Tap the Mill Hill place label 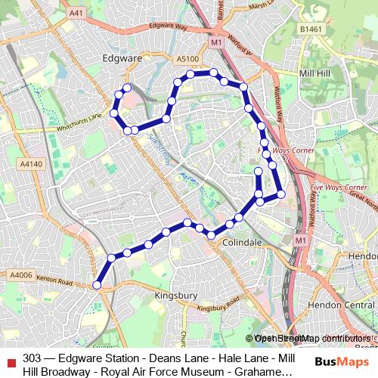tap(318, 74)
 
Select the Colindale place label tap(242, 243)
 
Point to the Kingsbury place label tap(175, 295)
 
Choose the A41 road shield tap(76, 14)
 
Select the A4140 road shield tap(31, 163)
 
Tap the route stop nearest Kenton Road tap(97, 285)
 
